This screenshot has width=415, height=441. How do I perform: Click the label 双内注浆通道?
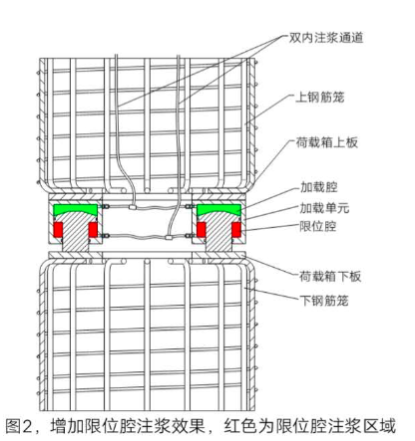(x=325, y=38)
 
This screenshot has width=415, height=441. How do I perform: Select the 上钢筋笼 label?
(x=319, y=98)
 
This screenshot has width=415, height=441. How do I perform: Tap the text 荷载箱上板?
(x=326, y=142)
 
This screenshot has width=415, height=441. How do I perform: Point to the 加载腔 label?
(x=319, y=187)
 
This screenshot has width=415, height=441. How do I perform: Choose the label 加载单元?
(x=324, y=208)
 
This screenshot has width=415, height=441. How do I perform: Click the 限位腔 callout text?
(x=318, y=227)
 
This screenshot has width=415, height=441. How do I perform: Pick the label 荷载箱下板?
(x=330, y=276)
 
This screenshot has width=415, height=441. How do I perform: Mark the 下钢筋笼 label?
(x=324, y=301)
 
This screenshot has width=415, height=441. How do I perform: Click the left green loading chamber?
(x=76, y=209)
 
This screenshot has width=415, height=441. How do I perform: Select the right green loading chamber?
(x=218, y=209)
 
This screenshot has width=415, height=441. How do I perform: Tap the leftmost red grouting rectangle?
(x=58, y=230)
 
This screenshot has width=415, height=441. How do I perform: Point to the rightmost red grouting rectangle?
(x=236, y=230)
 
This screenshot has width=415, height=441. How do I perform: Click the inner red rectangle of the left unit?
(x=93, y=230)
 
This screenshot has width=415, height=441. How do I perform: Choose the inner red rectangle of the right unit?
(x=202, y=230)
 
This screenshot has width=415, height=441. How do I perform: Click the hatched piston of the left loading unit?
(x=76, y=232)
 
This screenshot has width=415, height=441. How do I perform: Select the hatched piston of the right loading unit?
(x=218, y=232)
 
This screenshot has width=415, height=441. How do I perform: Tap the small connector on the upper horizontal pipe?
(x=133, y=207)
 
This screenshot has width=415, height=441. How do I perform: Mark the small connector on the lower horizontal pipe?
(x=170, y=237)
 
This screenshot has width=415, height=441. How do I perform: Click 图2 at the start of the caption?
(x=18, y=426)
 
